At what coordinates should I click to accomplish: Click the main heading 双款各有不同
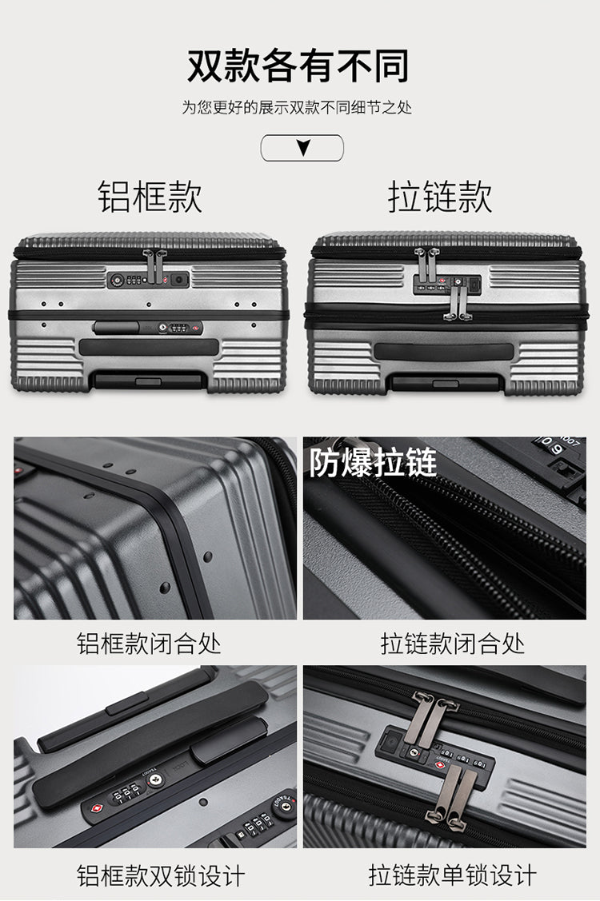[298, 66]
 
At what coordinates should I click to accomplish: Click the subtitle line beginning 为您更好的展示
[298, 107]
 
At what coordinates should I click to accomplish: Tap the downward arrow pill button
[302, 148]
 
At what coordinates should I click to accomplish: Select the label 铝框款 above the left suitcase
[150, 197]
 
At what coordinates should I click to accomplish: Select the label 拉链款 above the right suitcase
[440, 197]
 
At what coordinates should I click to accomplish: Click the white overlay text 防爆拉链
[373, 463]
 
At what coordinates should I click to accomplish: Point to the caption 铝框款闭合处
[149, 644]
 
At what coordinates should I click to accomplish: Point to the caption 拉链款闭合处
[453, 644]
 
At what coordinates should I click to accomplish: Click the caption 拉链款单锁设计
[453, 875]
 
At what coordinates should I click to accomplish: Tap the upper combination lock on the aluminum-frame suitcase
[149, 280]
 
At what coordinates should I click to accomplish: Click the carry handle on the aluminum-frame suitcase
[149, 347]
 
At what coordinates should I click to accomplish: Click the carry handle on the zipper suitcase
[443, 352]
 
